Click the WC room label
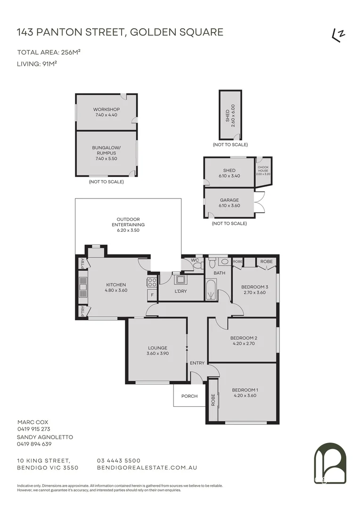tap(195, 260)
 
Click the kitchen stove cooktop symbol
tap(152, 282)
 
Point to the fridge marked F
tap(152, 295)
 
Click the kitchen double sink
tap(83, 287)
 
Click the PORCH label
tap(189, 396)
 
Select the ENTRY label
tap(197, 363)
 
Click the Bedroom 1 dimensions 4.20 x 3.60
tap(245, 396)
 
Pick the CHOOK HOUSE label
tap(263, 169)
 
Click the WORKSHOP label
tap(106, 109)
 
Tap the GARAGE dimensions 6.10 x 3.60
tap(229, 206)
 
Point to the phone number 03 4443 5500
tap(119, 460)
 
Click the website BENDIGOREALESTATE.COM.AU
tap(147, 468)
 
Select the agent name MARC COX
tap(33, 422)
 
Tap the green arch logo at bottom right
tap(330, 464)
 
